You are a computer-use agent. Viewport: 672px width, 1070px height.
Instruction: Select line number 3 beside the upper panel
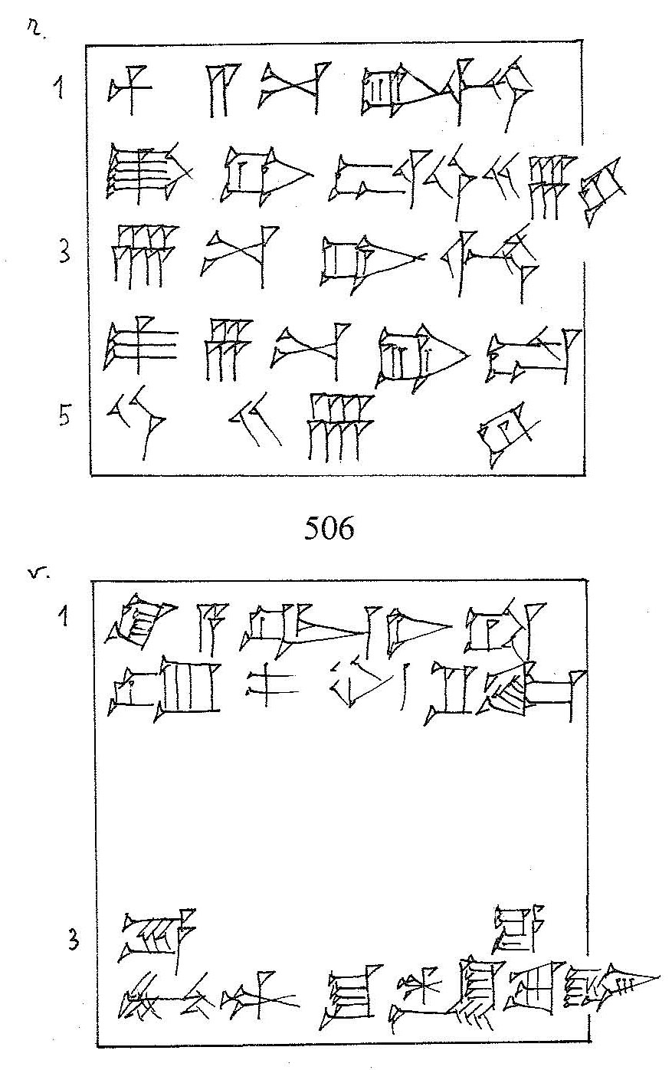pyautogui.click(x=64, y=254)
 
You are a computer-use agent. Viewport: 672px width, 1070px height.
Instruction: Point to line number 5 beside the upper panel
pyautogui.click(x=64, y=418)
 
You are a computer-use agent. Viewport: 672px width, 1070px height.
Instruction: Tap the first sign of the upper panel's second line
pyautogui.click(x=143, y=174)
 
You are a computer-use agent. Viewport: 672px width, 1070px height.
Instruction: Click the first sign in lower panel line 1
pyautogui.click(x=140, y=620)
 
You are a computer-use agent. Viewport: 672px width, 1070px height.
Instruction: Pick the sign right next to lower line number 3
pyautogui.click(x=154, y=934)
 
